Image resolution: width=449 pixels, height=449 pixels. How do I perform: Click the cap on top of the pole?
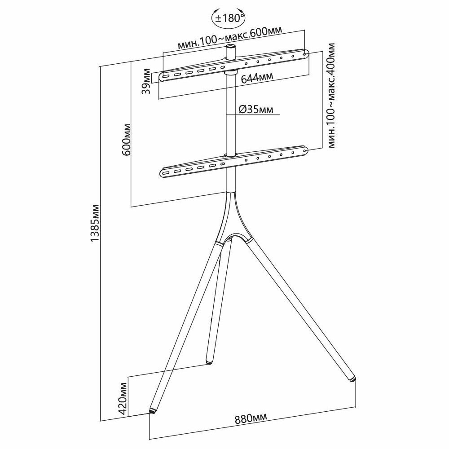pyautogui.click(x=231, y=47)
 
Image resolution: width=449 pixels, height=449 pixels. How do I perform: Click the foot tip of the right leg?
pyautogui.click(x=353, y=379)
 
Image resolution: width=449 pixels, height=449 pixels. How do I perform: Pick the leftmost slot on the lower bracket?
pyautogui.click(x=166, y=172)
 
